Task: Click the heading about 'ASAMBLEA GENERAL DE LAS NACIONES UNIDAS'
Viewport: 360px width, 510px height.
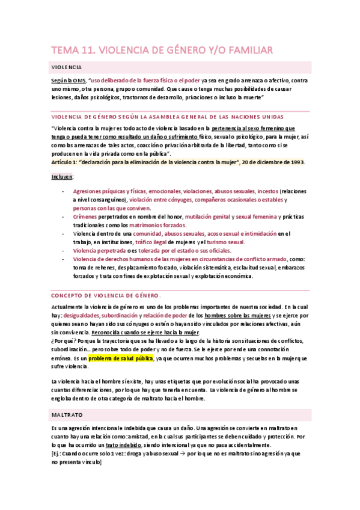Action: tap(148, 116)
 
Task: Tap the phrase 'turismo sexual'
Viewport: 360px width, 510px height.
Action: tap(225, 242)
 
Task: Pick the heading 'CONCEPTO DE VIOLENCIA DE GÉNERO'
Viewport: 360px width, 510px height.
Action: tap(105, 295)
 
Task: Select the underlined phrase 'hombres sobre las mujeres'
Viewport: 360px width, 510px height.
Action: tap(237, 315)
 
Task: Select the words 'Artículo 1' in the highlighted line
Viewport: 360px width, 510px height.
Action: tap(64, 162)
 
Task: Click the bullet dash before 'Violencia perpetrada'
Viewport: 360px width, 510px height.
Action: tap(64, 250)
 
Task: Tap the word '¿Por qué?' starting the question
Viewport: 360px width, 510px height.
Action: tap(64, 342)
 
